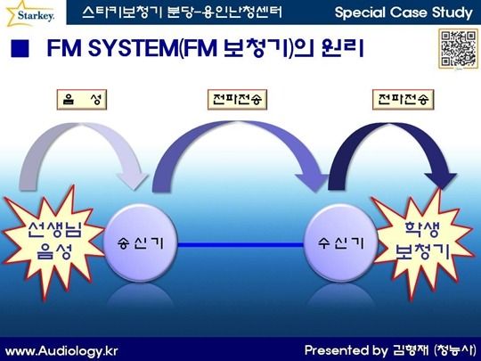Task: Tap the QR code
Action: pos(459,48)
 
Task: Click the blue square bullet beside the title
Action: pos(20,48)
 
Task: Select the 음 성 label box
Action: pos(82,100)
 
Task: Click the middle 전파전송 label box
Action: pos(237,100)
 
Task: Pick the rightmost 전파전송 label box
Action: pos(404,100)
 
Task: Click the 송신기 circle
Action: pos(141,243)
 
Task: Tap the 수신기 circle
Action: pos(340,243)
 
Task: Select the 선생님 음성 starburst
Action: pos(53,242)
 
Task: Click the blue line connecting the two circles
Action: pos(240,244)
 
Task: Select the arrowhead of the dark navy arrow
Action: pos(441,179)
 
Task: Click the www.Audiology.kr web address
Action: pos(61,351)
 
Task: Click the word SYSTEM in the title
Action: pos(133,48)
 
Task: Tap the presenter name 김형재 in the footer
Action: pos(410,350)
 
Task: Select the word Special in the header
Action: pos(360,12)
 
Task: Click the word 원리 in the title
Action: pos(343,48)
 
